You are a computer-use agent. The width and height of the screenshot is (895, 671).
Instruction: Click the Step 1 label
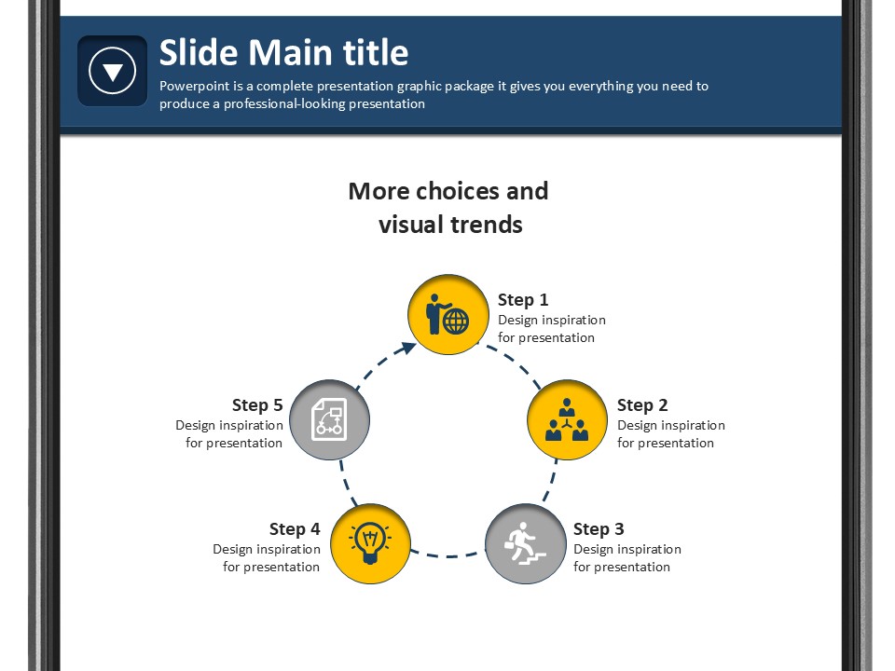click(x=523, y=299)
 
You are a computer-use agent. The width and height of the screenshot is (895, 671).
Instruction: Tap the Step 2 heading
click(x=642, y=405)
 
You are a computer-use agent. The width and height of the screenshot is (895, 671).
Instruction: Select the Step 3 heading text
click(x=599, y=529)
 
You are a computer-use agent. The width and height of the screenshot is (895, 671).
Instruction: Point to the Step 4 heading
click(x=295, y=529)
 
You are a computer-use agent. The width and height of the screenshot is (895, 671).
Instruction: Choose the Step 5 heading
click(x=257, y=405)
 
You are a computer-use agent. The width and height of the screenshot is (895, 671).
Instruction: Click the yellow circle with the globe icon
click(x=448, y=314)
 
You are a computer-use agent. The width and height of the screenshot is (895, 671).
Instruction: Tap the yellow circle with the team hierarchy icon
click(x=567, y=419)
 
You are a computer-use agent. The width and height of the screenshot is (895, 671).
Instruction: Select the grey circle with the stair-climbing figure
click(x=526, y=543)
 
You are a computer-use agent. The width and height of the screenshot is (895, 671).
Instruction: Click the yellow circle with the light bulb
click(x=370, y=543)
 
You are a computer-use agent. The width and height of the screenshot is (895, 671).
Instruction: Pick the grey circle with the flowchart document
click(x=329, y=419)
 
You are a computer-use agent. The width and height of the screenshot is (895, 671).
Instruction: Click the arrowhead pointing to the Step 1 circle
click(x=408, y=348)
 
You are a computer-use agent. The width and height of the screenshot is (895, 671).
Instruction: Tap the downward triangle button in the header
click(x=113, y=71)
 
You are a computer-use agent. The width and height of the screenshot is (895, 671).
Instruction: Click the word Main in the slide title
click(x=291, y=52)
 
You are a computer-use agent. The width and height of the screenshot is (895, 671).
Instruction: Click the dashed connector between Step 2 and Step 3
click(x=550, y=481)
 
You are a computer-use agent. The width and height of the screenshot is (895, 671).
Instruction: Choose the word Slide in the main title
click(x=199, y=52)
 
